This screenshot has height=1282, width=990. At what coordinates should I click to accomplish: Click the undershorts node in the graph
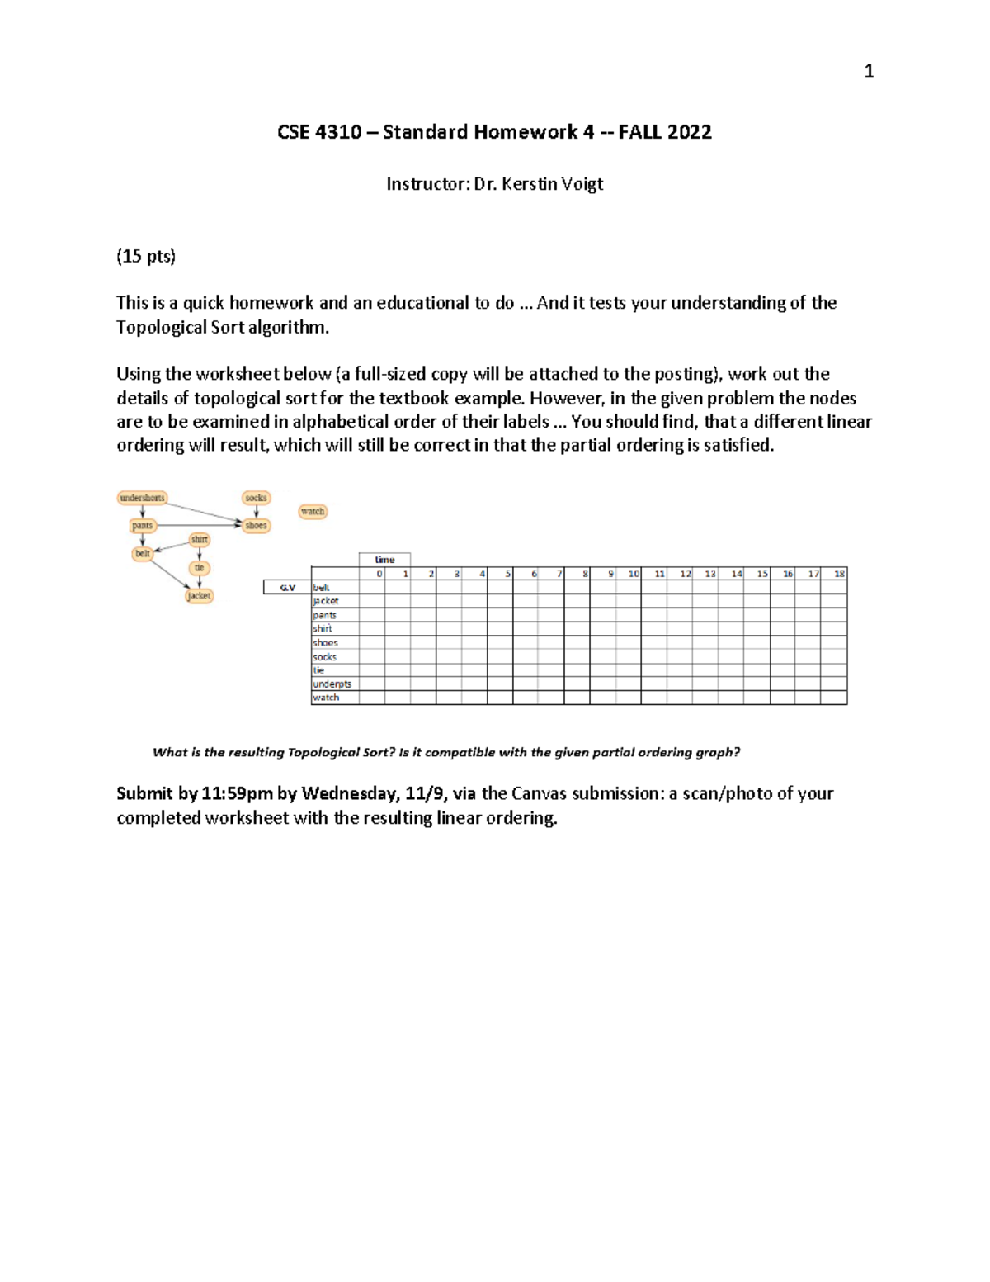click(142, 498)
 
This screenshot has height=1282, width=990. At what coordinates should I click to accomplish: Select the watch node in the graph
click(313, 512)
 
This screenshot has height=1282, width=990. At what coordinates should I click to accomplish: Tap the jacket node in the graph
click(199, 595)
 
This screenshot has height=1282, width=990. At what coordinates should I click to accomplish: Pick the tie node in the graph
click(199, 568)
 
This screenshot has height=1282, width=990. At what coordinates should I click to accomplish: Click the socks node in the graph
click(256, 498)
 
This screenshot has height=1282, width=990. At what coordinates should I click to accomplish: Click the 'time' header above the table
click(384, 560)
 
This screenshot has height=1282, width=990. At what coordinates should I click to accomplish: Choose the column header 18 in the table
click(839, 574)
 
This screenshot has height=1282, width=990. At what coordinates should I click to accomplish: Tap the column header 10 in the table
click(633, 574)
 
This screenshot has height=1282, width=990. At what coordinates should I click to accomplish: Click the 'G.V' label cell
click(287, 588)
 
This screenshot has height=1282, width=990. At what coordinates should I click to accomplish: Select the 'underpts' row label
click(332, 684)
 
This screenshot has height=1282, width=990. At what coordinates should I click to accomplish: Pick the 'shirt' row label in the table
click(322, 629)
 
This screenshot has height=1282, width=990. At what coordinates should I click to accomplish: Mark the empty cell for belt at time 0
click(372, 588)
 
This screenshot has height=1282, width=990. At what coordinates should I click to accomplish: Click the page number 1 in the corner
click(868, 72)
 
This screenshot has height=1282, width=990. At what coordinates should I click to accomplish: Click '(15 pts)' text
click(146, 257)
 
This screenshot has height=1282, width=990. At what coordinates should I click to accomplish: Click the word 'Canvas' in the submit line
click(539, 794)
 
